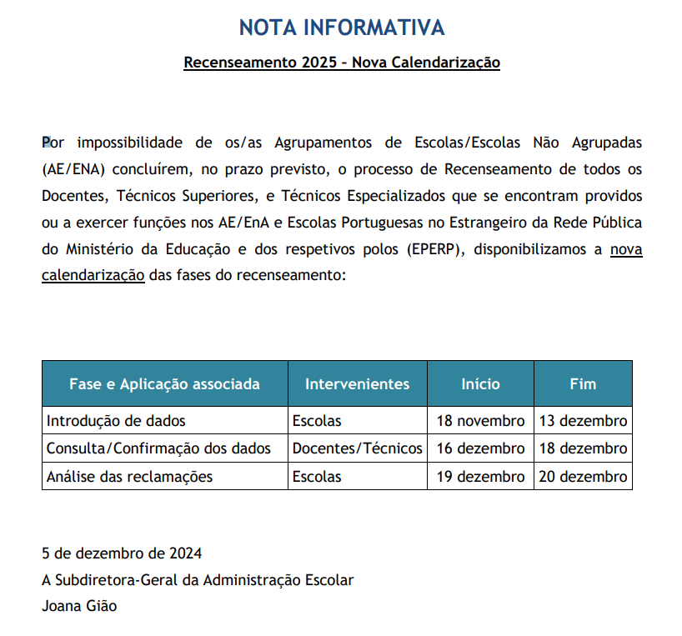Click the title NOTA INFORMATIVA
click(341, 28)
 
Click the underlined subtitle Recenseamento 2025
click(341, 63)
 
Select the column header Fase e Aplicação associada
click(164, 384)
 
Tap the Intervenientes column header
click(357, 384)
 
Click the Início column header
click(480, 384)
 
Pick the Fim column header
click(583, 384)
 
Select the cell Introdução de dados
click(116, 421)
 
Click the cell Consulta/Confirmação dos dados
click(158, 448)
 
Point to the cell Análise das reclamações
click(129, 477)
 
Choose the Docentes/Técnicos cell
click(357, 448)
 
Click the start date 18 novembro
click(480, 421)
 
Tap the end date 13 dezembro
click(583, 421)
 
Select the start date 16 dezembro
click(480, 448)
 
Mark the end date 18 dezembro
click(583, 448)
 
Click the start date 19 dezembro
click(480, 477)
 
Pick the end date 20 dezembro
click(583, 477)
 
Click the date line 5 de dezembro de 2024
click(122, 553)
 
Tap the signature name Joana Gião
click(79, 606)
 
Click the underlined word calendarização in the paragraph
click(93, 275)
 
